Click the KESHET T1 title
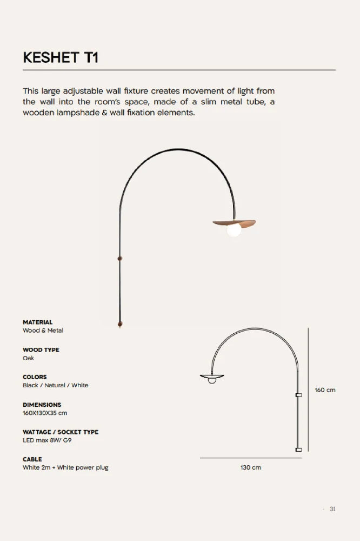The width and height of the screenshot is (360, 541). pyautogui.click(x=61, y=58)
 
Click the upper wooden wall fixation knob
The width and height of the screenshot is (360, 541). pyautogui.click(x=119, y=259)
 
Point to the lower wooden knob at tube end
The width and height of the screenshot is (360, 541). pyautogui.click(x=119, y=324)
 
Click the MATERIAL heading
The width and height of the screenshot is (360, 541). pyautogui.click(x=37, y=322)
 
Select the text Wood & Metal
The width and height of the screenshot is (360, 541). pyautogui.click(x=43, y=330)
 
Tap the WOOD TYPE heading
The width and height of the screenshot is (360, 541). pyautogui.click(x=41, y=349)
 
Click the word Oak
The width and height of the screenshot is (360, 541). pyautogui.click(x=28, y=358)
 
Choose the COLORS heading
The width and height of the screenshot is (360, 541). pyautogui.click(x=35, y=377)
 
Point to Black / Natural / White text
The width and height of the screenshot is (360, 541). pyautogui.click(x=55, y=385)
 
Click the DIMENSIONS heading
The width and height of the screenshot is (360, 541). pyautogui.click(x=42, y=405)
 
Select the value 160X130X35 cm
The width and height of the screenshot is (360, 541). pyautogui.click(x=45, y=413)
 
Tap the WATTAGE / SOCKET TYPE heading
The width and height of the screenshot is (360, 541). pyautogui.click(x=61, y=432)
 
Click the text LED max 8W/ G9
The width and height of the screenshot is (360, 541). pyautogui.click(x=47, y=440)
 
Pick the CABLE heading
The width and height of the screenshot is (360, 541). pyautogui.click(x=32, y=459)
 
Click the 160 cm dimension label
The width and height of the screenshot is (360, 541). pyautogui.click(x=325, y=390)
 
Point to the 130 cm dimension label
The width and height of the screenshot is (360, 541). pyautogui.click(x=251, y=467)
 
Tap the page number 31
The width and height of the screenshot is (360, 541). pyautogui.click(x=332, y=509)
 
